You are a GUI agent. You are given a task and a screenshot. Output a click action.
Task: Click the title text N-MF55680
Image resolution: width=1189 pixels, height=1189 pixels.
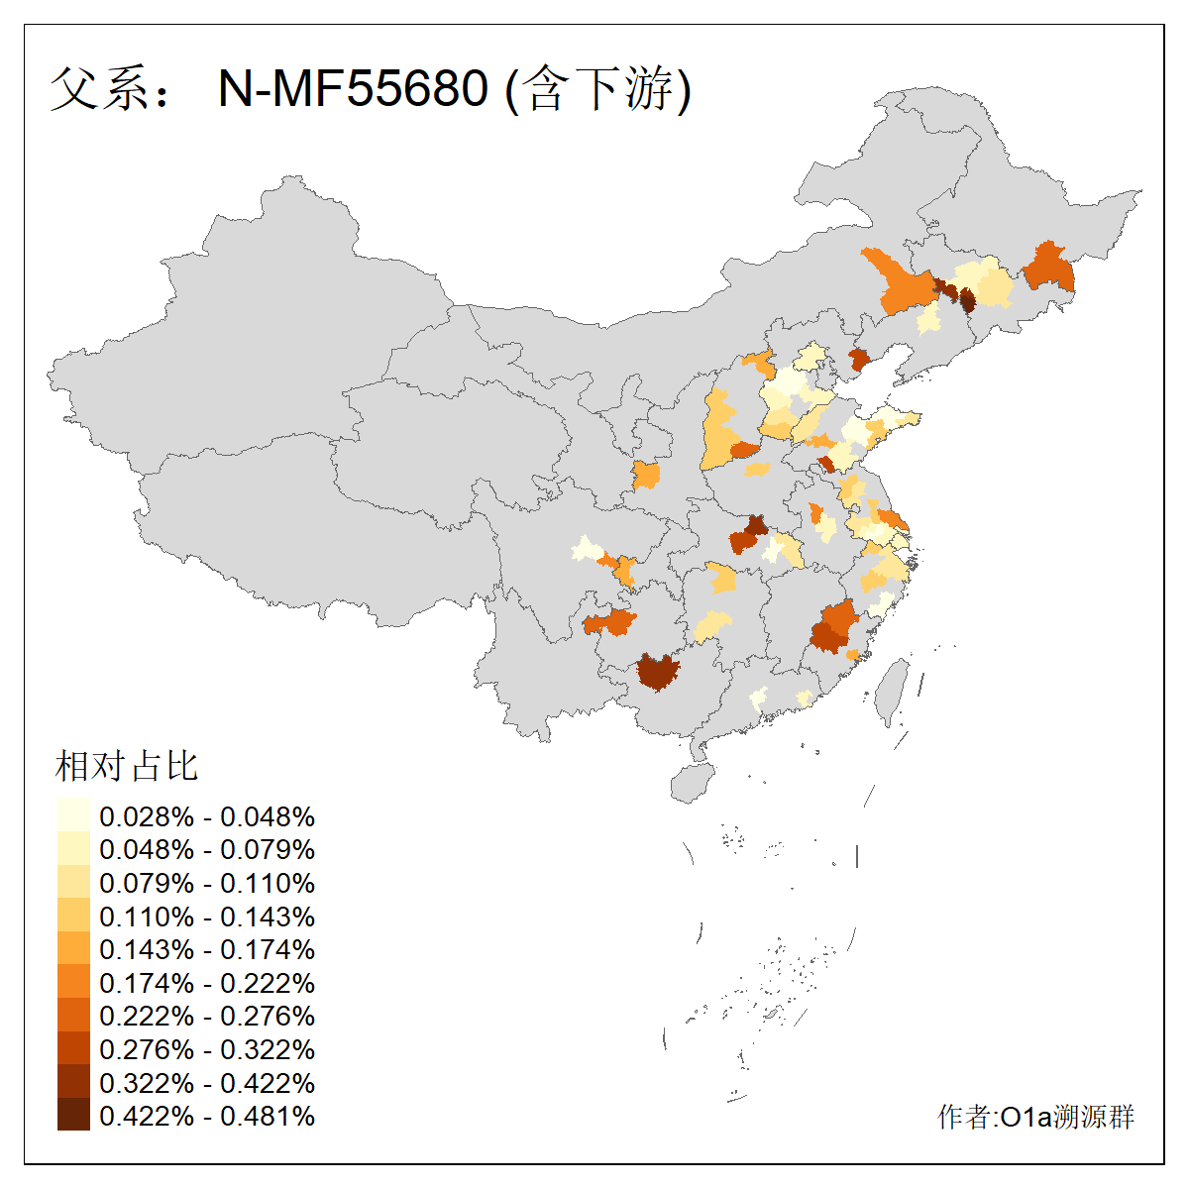353,88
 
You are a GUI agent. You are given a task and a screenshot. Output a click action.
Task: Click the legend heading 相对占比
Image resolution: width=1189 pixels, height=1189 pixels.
127,766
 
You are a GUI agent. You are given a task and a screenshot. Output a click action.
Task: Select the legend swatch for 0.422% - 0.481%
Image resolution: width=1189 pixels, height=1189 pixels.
73,1116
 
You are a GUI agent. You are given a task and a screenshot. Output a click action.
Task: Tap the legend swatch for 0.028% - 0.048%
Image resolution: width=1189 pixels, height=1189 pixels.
73,816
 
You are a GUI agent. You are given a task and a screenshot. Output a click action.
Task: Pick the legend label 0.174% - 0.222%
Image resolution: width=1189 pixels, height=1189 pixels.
207,983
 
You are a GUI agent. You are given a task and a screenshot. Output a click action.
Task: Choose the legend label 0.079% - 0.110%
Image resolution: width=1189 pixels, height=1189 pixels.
207,883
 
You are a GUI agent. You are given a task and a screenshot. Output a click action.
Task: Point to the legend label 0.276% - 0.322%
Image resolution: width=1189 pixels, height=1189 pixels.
207,1049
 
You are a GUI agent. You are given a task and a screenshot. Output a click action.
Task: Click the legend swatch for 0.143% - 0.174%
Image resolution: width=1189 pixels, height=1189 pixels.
73,949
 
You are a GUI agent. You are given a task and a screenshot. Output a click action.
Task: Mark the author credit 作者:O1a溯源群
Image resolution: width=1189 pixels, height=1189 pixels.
1035,1117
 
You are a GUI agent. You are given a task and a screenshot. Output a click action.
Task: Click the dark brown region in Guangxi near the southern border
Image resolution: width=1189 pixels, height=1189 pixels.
658,671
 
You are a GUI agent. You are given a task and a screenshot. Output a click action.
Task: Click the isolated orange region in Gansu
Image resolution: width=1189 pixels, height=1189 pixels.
646,475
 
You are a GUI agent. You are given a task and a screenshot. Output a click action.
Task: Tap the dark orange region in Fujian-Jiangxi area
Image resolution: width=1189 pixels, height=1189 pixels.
834,626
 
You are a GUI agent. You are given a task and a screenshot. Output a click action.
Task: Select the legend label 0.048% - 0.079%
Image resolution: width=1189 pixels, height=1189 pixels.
207,849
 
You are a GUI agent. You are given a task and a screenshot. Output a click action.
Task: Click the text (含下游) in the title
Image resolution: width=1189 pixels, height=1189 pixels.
598,88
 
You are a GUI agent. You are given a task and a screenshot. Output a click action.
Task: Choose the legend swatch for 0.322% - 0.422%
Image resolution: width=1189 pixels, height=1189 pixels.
73,1082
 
